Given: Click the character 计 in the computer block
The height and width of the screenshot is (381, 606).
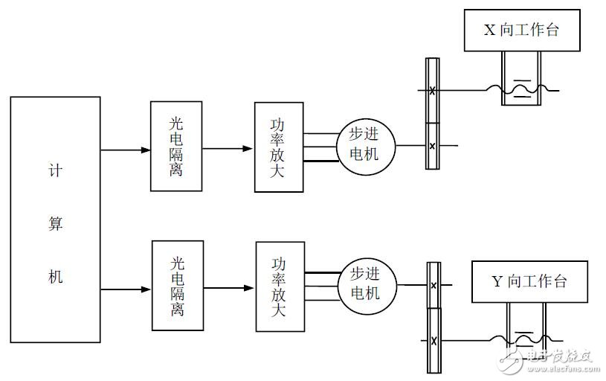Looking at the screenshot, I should (56, 170).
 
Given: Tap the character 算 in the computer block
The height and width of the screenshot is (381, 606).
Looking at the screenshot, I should (56, 223).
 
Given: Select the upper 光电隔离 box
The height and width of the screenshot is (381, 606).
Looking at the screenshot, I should (175, 147).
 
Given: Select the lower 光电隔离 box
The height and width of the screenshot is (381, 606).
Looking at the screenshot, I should (177, 285).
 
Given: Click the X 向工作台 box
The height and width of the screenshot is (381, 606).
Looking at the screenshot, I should (522, 31).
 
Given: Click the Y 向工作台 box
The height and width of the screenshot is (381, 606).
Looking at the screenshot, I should (530, 281).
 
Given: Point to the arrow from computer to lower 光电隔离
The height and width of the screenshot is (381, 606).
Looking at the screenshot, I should (126, 289).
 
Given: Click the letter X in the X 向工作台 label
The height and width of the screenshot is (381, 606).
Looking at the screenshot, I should (489, 31).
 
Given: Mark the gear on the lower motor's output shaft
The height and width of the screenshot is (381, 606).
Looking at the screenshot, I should (433, 284).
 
